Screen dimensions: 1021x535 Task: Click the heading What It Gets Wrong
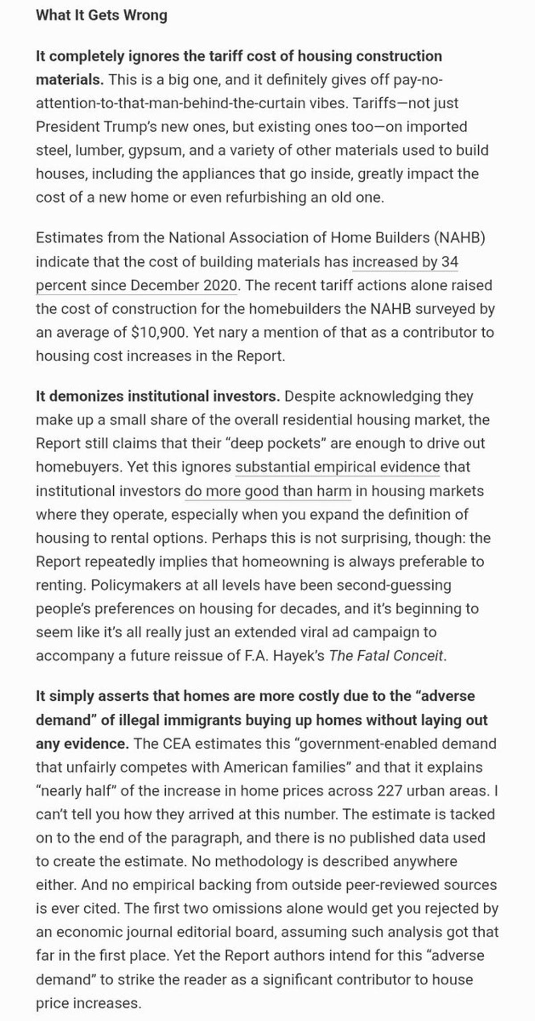[101, 15]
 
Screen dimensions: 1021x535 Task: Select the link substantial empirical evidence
[337, 467]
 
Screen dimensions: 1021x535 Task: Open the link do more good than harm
[268, 491]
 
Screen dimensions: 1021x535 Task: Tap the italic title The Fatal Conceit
[386, 656]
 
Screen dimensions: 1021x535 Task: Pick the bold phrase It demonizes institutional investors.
[158, 396]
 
